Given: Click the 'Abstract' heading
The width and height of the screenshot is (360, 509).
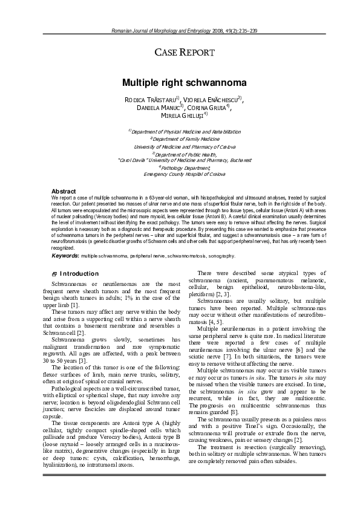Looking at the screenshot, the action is point(64,191).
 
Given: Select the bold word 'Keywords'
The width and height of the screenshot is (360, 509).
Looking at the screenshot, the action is point(65,256).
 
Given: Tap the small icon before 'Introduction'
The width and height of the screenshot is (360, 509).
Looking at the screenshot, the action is point(55,274).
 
